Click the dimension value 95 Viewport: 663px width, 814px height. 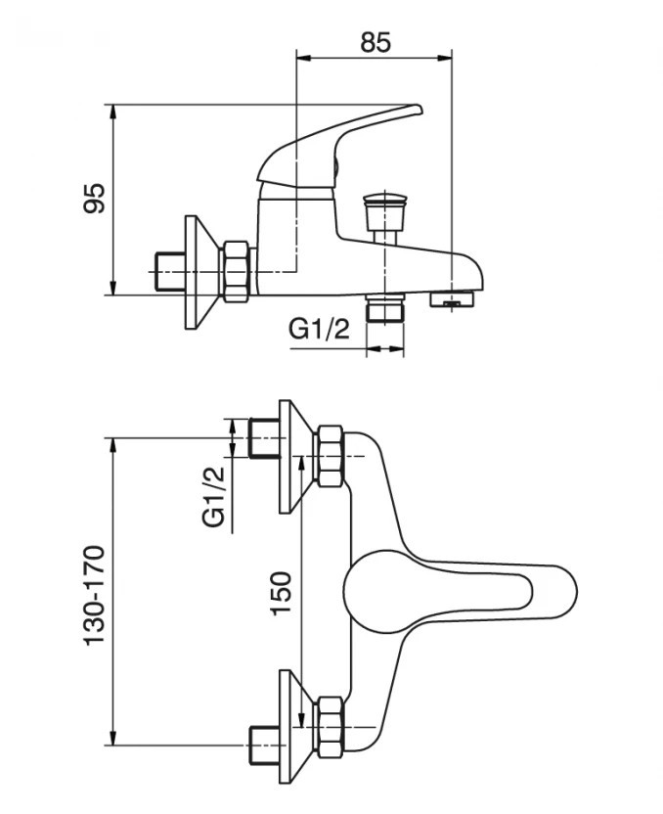tap(94, 200)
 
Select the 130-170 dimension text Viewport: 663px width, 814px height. tap(95, 594)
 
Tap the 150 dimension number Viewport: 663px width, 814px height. tap(281, 593)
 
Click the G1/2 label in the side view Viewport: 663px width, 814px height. tap(320, 330)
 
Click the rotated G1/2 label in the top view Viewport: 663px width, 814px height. tap(214, 496)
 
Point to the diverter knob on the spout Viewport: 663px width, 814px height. tap(382, 211)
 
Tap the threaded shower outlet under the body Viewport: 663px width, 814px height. tap(384, 312)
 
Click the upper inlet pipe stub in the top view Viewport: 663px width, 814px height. tap(263, 437)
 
